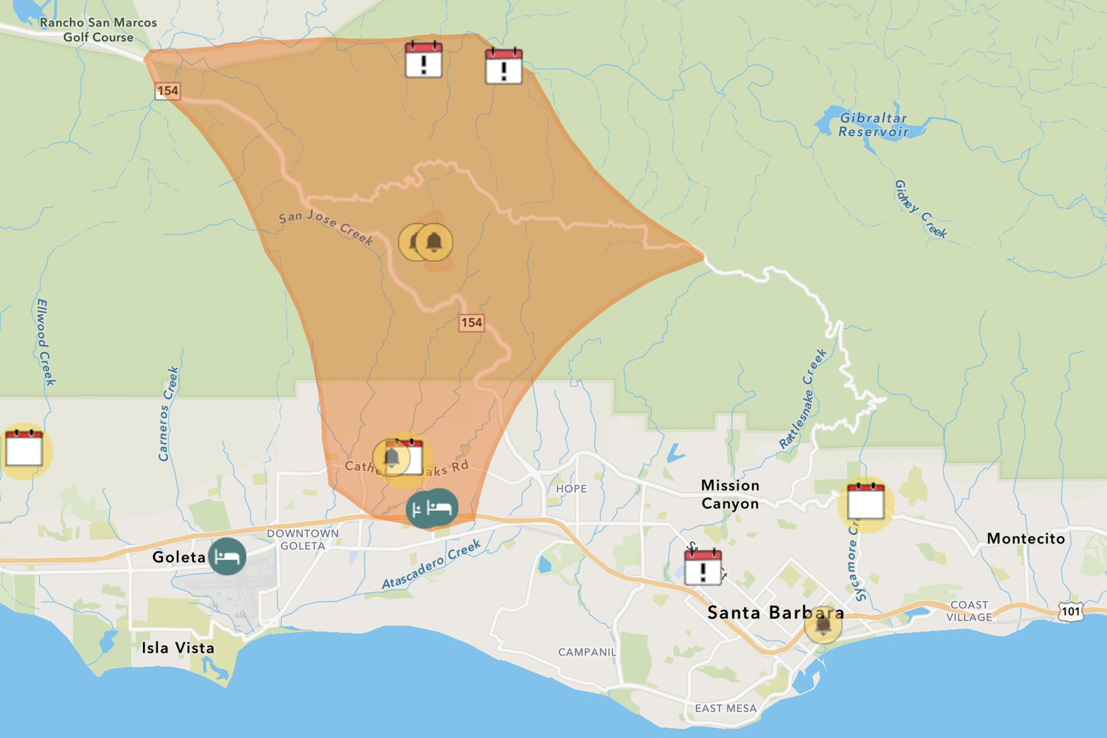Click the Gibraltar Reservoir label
(x=873, y=125)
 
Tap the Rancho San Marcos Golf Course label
(x=99, y=30)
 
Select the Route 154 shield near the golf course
(x=168, y=91)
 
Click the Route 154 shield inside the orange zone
(x=472, y=322)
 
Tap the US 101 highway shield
(x=1070, y=611)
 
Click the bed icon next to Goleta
(x=227, y=556)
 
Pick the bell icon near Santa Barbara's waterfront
(x=823, y=625)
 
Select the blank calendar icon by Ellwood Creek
(x=24, y=448)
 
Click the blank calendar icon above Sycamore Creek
(x=866, y=502)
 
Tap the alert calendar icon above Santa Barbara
(x=703, y=567)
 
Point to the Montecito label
(x=1026, y=539)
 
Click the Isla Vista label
(x=178, y=648)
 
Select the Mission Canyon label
(x=730, y=494)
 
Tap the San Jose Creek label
(x=326, y=227)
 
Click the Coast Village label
(x=969, y=611)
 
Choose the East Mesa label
(x=726, y=708)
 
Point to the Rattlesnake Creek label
(x=803, y=398)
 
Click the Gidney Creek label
(x=920, y=209)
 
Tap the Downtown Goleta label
(x=303, y=539)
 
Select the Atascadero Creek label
(x=432, y=565)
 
